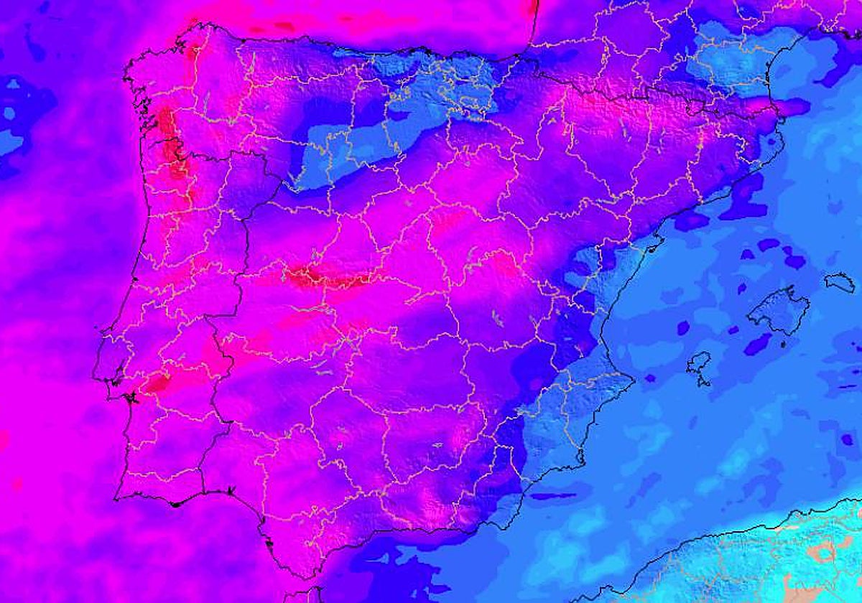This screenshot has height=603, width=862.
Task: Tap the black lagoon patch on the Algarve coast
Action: (x=175, y=504)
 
